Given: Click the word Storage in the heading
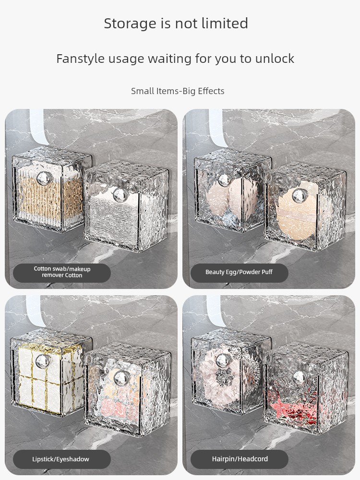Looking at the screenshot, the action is click(130, 24).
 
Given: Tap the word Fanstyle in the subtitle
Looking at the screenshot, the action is click(80, 59).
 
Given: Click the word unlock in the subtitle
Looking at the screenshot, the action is click(275, 59).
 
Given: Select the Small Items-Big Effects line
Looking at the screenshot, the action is click(178, 91).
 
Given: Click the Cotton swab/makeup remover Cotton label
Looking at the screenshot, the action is click(62, 272).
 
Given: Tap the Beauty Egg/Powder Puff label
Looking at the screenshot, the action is click(239, 272).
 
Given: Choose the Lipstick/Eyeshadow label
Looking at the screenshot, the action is click(60, 459).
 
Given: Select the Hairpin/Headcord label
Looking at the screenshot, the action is click(240, 459).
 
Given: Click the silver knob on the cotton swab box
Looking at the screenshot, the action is click(44, 178).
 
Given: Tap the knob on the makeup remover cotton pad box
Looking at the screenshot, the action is click(120, 194).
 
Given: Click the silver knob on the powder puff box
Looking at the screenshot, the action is click(300, 195).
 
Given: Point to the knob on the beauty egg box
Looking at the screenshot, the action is click(224, 180).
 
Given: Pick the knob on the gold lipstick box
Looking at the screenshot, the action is click(43, 361).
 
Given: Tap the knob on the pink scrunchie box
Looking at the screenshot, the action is click(223, 360).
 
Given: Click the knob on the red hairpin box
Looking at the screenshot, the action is click(299, 377).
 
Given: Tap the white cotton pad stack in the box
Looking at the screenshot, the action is click(113, 221).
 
